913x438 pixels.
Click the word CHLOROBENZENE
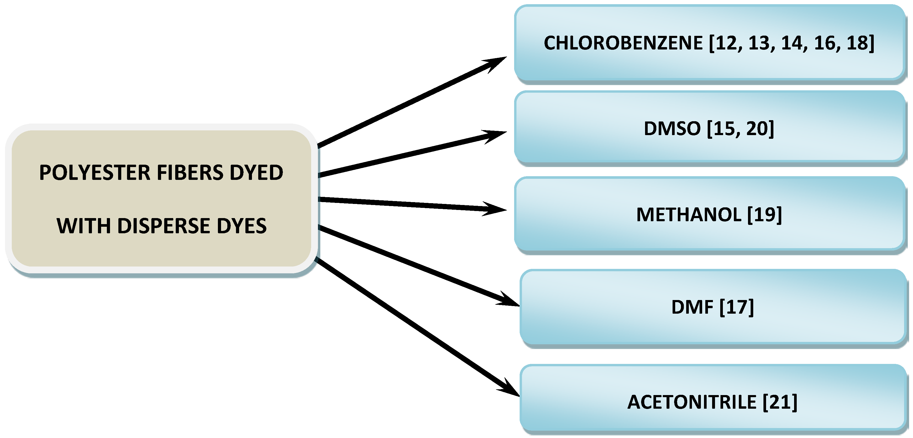623,43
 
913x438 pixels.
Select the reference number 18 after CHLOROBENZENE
857,43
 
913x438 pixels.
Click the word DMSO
672,129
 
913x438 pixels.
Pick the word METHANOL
689,215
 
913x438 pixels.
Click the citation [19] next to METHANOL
764,215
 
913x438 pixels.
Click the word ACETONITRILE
692,402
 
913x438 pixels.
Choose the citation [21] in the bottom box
780,402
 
